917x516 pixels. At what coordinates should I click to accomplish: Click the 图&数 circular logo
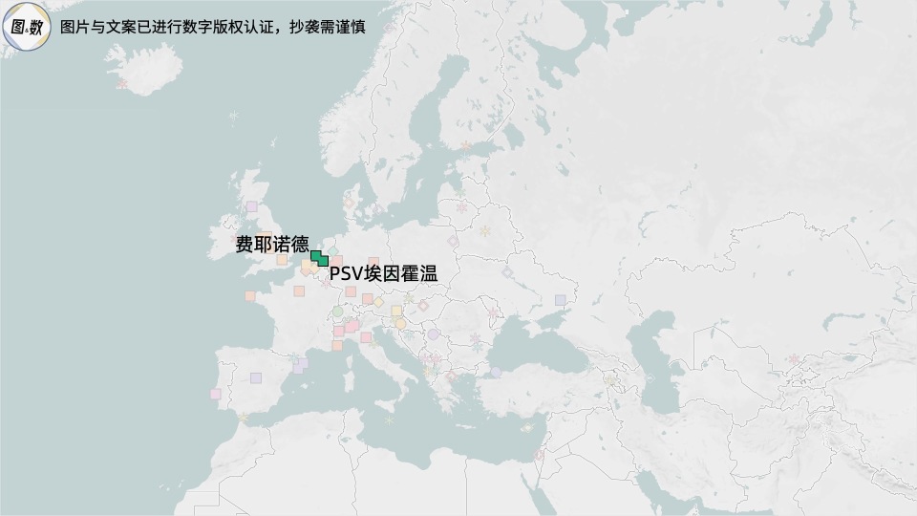pos(28,28)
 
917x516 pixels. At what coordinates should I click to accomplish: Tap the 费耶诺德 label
pos(271,245)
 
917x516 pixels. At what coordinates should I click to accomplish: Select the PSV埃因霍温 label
pos(382,274)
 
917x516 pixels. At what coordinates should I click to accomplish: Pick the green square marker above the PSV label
pos(323,260)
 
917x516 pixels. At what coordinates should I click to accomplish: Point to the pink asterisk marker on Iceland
pos(121,84)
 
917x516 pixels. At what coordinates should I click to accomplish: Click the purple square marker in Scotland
pos(251,206)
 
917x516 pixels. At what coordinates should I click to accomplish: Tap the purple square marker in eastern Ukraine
pos(561,300)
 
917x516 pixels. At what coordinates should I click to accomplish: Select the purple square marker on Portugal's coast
pos(216,394)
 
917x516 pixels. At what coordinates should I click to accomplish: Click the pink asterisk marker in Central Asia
pos(794,359)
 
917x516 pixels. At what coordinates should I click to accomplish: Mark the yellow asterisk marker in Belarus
pos(484,231)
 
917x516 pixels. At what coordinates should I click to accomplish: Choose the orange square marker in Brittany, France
pos(250,296)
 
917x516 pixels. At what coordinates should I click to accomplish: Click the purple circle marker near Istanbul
pos(495,372)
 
